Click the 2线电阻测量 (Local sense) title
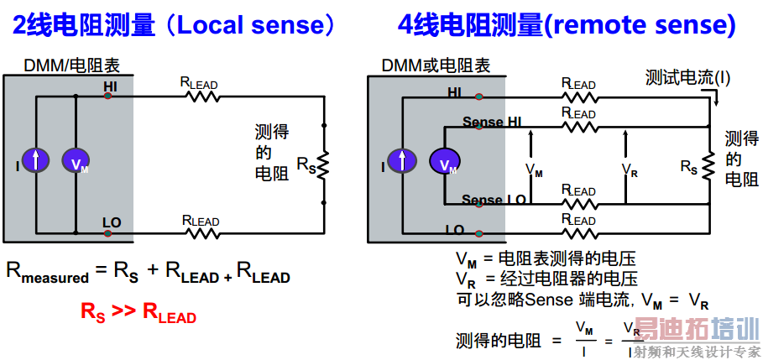click(x=173, y=25)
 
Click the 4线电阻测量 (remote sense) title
click(x=567, y=25)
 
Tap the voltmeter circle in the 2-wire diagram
click(x=76, y=160)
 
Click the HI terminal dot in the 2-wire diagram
click(x=108, y=97)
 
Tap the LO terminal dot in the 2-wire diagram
click(x=108, y=232)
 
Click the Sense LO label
click(x=494, y=200)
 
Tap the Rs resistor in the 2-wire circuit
click(x=322, y=164)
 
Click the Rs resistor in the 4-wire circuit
click(x=710, y=165)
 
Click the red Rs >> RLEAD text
click(x=138, y=312)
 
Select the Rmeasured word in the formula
click(x=47, y=272)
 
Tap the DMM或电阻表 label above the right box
click(x=436, y=65)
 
